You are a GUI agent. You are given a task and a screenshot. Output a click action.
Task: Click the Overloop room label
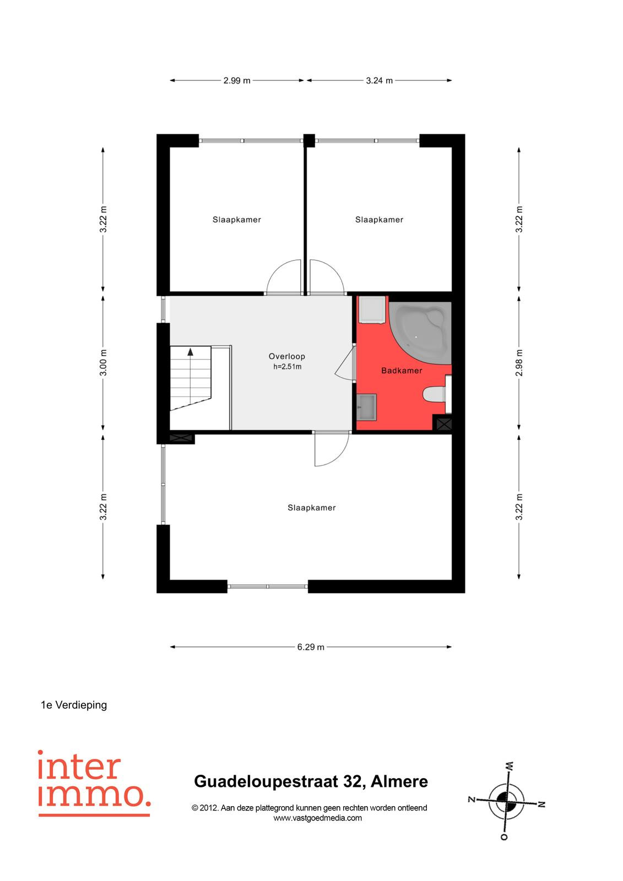[286, 356]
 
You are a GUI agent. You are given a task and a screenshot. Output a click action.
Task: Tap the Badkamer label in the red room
[402, 371]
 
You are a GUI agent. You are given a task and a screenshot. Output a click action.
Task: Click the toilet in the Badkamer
[436, 394]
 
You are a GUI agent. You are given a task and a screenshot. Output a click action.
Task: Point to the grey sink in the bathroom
[367, 407]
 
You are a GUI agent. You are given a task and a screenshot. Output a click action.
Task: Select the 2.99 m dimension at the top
[236, 80]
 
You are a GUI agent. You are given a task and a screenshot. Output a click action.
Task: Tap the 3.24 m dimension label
[379, 80]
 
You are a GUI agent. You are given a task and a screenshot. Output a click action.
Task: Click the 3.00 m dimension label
[103, 363]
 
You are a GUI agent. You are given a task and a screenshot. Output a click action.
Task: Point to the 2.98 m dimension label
[519, 363]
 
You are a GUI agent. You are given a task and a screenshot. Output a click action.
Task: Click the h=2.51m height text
[288, 367]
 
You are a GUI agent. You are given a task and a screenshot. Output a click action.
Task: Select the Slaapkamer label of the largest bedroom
[311, 508]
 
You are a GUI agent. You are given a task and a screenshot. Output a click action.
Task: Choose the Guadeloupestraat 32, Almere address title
[311, 781]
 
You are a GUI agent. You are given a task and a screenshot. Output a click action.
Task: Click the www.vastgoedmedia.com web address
[317, 818]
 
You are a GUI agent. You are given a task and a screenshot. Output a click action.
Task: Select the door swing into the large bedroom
[332, 449]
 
